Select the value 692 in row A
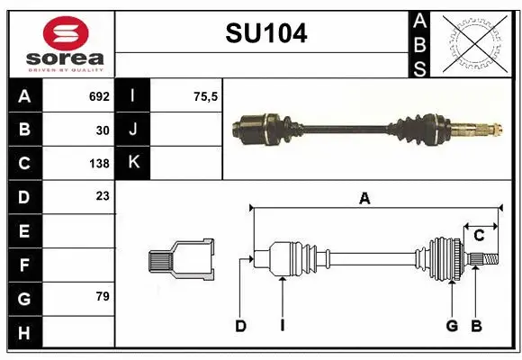coord(99,96)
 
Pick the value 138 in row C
coord(99,164)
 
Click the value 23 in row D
coord(103,195)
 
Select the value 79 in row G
coord(103,295)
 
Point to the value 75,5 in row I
coord(206,96)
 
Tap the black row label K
coord(133,163)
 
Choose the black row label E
coord(23,230)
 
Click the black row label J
coord(133,130)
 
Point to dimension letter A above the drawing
coord(364,199)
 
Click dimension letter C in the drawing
coord(480,236)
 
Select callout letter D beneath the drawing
coord(240,326)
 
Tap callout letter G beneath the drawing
coord(453,326)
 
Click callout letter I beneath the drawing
coord(282,326)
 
